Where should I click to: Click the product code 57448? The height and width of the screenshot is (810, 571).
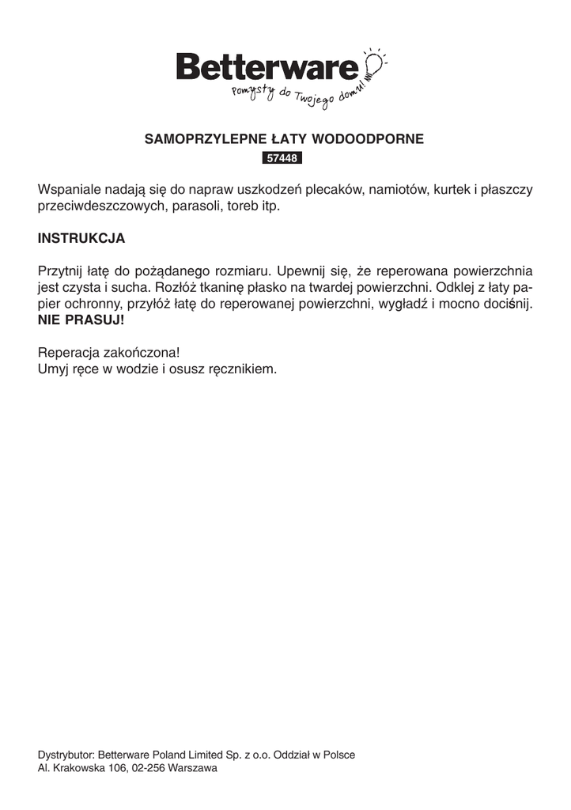click(x=282, y=158)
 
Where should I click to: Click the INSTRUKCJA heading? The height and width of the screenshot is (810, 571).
click(x=81, y=237)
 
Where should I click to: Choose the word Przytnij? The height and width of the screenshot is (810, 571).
click(x=59, y=270)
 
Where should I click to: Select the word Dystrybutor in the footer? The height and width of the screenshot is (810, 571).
click(x=66, y=755)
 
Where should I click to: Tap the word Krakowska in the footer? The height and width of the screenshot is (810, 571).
click(x=74, y=768)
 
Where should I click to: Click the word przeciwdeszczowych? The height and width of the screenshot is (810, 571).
click(x=100, y=206)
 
